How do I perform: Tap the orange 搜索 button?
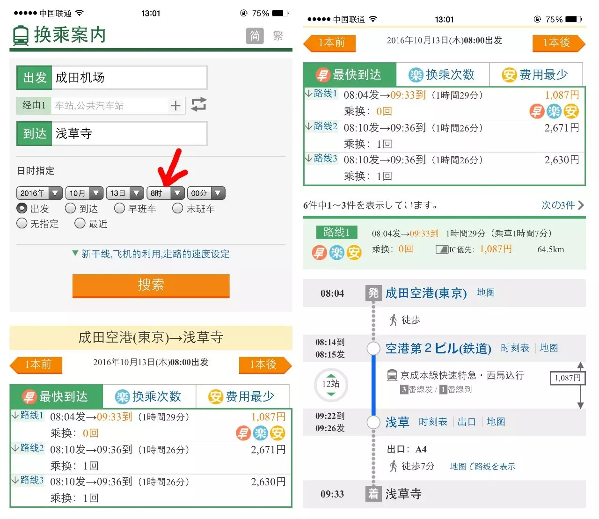point(151,285)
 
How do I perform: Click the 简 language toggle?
point(255,36)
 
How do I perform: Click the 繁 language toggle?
point(278,36)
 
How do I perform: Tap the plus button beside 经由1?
point(175,106)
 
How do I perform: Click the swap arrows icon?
point(199,104)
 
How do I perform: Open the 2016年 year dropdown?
point(39,193)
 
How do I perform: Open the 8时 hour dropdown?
point(165,193)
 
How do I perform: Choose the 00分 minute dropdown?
point(206,193)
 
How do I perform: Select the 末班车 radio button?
point(178,208)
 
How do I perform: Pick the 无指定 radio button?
point(22,224)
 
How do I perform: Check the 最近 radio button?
point(80,224)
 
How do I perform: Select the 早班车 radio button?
point(120,208)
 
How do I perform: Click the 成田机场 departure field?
point(129,78)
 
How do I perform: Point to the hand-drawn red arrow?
point(173,168)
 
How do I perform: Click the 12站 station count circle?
point(331,385)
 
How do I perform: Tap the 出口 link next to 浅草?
point(467,422)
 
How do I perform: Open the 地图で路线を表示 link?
point(482,467)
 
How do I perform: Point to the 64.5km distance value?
point(551,249)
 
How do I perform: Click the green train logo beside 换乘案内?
point(21,36)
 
